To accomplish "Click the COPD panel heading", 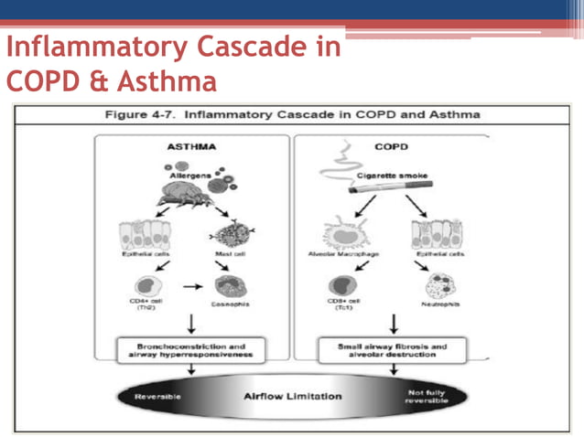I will point(391,146).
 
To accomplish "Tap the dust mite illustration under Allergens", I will point(189,193).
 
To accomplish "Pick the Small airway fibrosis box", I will point(392,351).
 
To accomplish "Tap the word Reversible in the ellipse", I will point(157,397).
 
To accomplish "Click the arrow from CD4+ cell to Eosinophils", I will point(190,285).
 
